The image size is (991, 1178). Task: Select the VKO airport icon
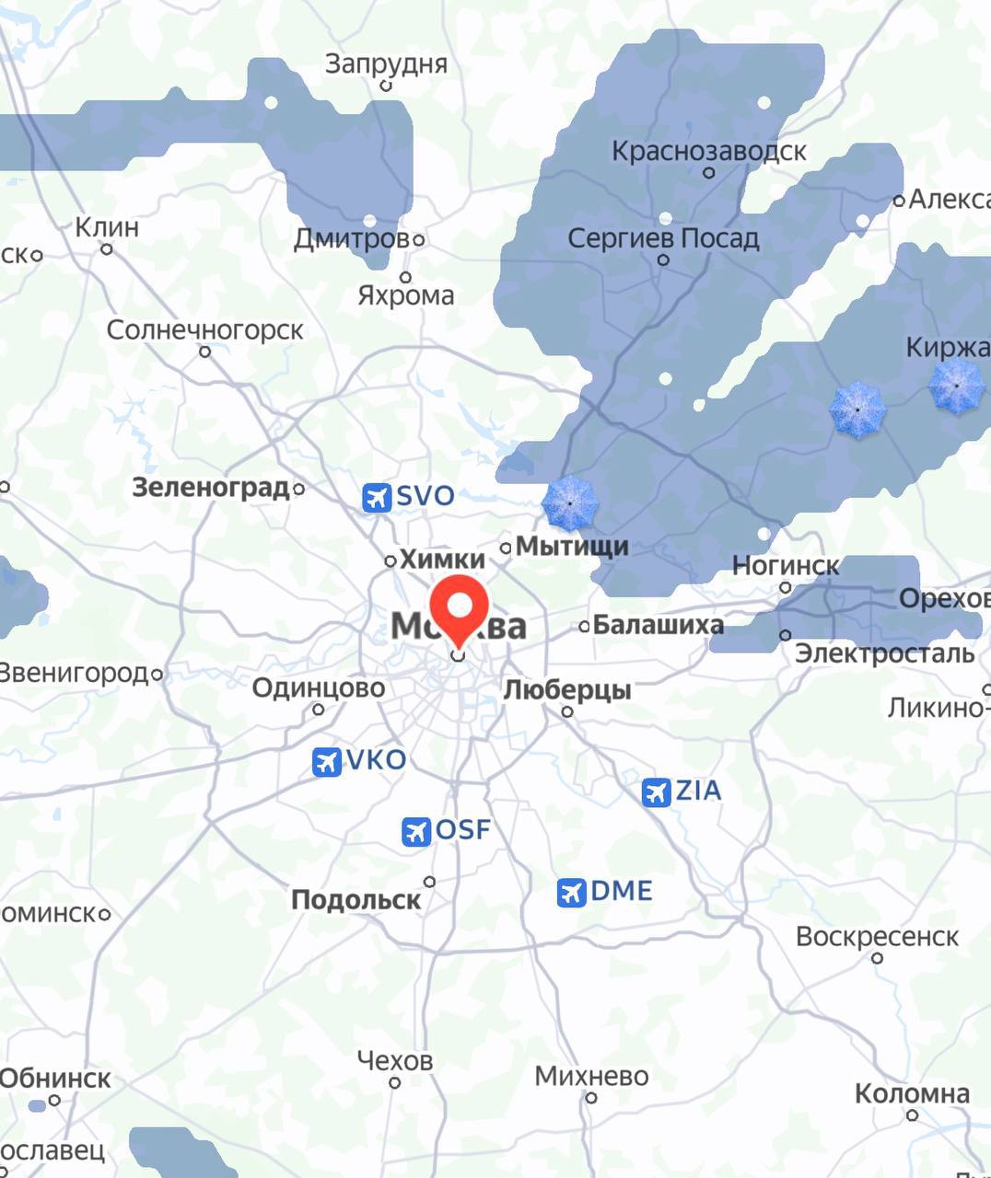[x=326, y=762]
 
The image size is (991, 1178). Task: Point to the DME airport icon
[x=571, y=892]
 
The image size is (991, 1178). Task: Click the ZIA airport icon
[x=656, y=791]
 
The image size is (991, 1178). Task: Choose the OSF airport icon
[x=416, y=831]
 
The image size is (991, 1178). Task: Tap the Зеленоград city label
[x=211, y=487]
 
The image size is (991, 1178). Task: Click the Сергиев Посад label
[x=663, y=238]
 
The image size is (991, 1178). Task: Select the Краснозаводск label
[x=709, y=150]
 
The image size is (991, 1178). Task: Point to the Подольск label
[x=356, y=899]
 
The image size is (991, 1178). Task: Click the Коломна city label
[x=912, y=1093]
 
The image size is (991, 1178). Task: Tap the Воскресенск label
[x=877, y=936]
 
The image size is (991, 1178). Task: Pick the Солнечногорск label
[x=204, y=329]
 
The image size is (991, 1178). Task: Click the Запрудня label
[x=386, y=64]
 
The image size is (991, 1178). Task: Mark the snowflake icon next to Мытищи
[x=570, y=503]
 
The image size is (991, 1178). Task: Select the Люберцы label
[x=566, y=689]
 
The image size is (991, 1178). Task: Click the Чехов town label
[x=394, y=1061]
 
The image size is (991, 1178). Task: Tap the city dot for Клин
[x=107, y=249]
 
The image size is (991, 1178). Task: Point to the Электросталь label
[x=884, y=653]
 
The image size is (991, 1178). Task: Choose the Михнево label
[x=591, y=1075]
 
